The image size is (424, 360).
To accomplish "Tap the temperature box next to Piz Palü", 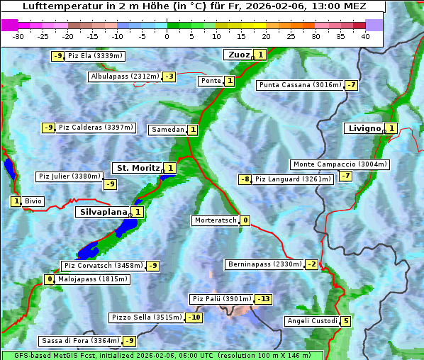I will (x=263, y=299).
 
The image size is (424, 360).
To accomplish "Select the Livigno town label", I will (x=364, y=128).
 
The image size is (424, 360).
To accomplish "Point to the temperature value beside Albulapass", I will (x=169, y=77).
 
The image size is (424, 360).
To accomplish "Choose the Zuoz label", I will (x=237, y=55).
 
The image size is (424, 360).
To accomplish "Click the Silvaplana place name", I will (x=103, y=212).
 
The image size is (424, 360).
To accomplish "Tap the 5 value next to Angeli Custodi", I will (x=345, y=321).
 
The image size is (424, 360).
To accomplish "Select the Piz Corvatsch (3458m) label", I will (x=103, y=266).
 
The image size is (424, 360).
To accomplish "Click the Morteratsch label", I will (x=215, y=220).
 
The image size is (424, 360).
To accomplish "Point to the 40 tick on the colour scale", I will (x=365, y=36).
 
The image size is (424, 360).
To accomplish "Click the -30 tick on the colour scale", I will (x=18, y=36).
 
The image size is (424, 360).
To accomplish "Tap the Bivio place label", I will (x=33, y=201).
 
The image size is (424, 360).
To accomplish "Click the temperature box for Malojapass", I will (x=49, y=279).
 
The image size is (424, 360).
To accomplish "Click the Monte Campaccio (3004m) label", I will (x=339, y=164).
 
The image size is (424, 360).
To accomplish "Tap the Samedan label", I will (x=167, y=130).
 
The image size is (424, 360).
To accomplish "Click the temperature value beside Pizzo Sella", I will (x=194, y=317).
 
